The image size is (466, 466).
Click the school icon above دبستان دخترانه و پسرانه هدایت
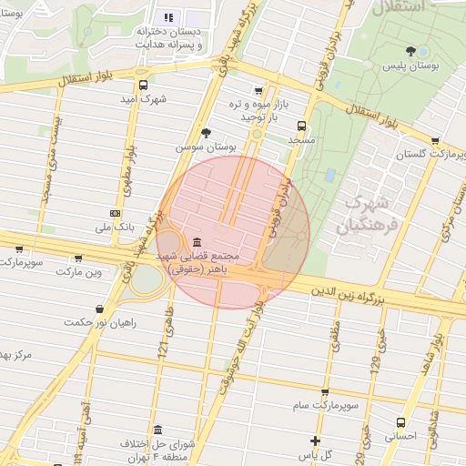[167, 17]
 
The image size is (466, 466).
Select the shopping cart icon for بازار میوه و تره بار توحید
[259, 91]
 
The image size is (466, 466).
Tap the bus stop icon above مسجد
[301, 127]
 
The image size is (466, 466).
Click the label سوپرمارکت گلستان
[424, 156]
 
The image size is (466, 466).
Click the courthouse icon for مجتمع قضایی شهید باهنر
[198, 241]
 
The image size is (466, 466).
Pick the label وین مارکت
[82, 272]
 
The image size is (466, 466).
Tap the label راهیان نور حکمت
[100, 322]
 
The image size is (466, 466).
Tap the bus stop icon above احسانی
[401, 422]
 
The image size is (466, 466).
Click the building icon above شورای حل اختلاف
[158, 430]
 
